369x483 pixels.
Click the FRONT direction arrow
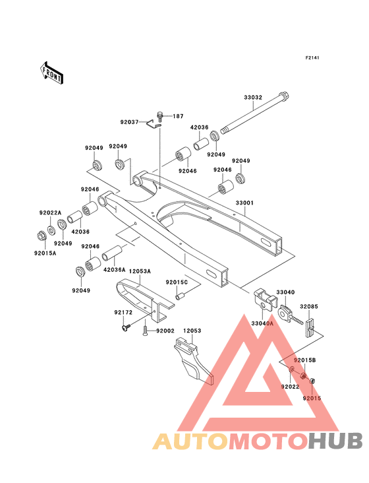(51, 73)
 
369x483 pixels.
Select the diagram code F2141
(312, 57)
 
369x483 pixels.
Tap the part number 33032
(253, 98)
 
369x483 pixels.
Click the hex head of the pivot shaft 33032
(285, 98)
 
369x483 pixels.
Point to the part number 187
(178, 116)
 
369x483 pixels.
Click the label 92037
(129, 122)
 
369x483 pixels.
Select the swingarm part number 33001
(244, 203)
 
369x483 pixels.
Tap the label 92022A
(50, 213)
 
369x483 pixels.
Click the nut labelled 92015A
(42, 236)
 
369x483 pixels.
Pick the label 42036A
(115, 270)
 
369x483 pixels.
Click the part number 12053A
(140, 271)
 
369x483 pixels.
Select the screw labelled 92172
(126, 327)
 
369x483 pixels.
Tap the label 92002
(165, 331)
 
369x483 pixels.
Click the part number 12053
(192, 331)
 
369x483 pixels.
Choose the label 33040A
(262, 323)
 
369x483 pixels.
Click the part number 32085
(309, 307)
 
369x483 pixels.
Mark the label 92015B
(304, 360)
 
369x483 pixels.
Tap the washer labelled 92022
(291, 369)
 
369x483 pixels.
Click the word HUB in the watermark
(336, 441)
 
